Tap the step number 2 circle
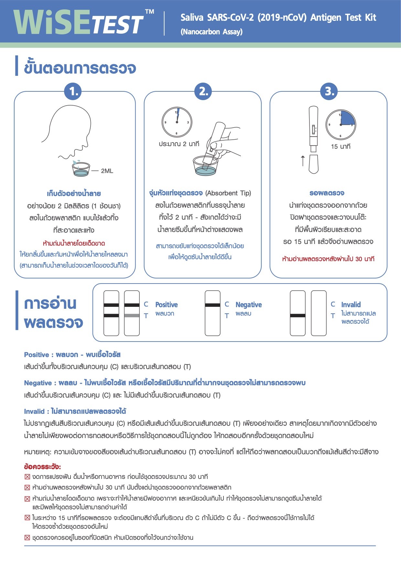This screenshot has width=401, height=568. point(203,91)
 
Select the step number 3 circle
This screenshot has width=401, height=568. point(329,91)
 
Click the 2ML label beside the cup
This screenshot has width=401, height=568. point(107,171)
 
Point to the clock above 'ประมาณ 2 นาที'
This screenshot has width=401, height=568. point(177,122)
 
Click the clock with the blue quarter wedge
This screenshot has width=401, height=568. point(341,125)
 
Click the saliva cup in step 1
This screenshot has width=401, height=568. point(81,169)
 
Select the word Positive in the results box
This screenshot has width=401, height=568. point(166,305)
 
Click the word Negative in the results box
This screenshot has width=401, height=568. point(248,305)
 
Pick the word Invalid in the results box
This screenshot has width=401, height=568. point(351,305)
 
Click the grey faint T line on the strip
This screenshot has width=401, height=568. point(132,316)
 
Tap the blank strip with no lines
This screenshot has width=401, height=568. point(319,313)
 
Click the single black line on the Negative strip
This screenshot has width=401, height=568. point(212,305)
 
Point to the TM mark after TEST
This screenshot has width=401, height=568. point(149,12)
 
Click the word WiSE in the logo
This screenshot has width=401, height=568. point(52,22)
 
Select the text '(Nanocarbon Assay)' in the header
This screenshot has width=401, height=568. point(211,32)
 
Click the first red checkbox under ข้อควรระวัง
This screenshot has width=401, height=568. point(27,477)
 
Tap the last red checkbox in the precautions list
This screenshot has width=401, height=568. point(27,538)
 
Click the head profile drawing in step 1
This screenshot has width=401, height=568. point(73,130)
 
